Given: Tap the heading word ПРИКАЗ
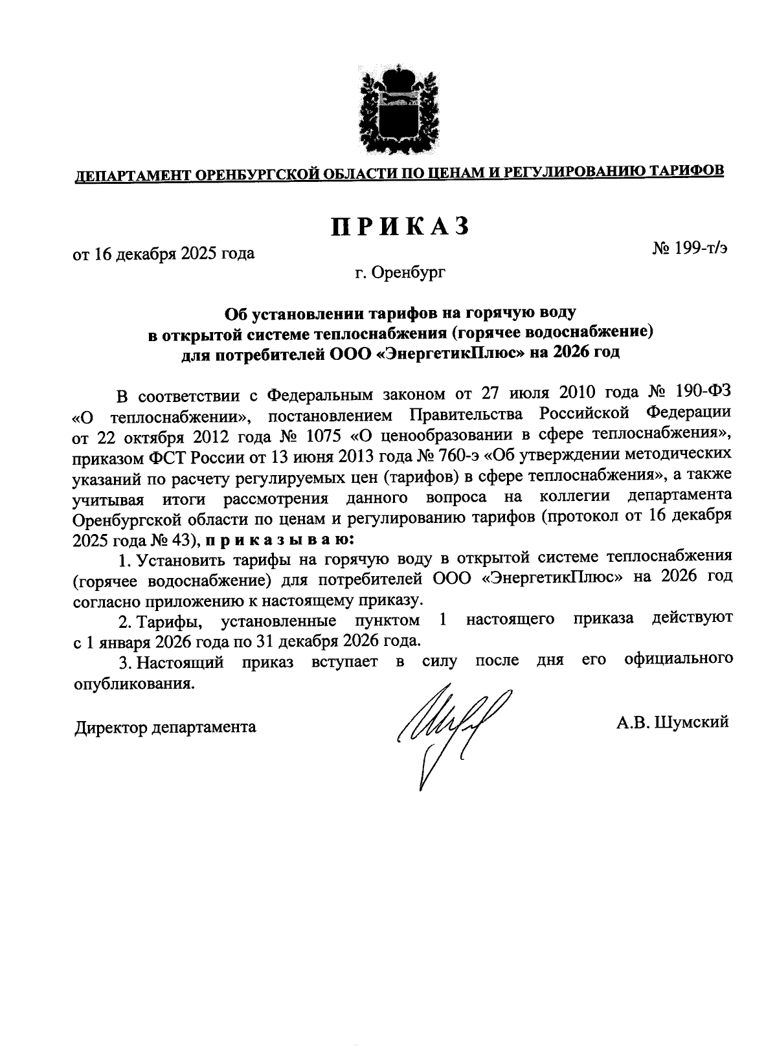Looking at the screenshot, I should (400, 227).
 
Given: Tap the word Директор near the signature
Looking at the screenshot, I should (110, 727).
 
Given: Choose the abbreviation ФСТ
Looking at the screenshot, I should (170, 456).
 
